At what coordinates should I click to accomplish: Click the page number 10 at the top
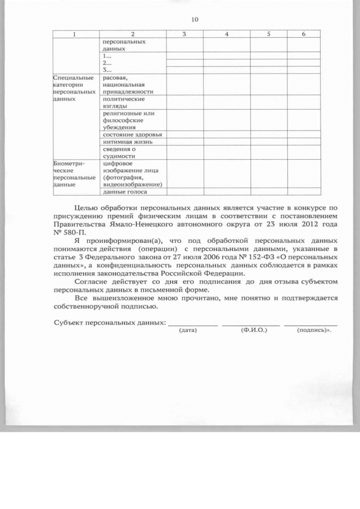click(x=195, y=20)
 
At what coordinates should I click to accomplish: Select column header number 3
click(x=184, y=35)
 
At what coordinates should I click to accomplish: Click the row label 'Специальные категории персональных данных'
click(x=73, y=87)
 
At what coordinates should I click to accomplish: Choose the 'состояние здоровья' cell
click(x=133, y=134)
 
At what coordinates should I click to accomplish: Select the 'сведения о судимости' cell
click(x=120, y=152)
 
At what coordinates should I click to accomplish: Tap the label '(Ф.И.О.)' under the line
click(x=253, y=330)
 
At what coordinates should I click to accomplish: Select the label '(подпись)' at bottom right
click(x=312, y=330)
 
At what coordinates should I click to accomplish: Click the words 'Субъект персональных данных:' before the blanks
click(x=110, y=323)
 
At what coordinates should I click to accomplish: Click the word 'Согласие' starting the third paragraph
click(x=90, y=280)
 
